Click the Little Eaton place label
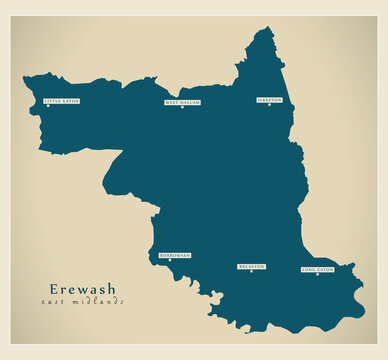tap(60, 101)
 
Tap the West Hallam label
tap(182, 102)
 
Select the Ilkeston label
tap(269, 100)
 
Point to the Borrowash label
tap(174, 255)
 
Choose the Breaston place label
tap(251, 266)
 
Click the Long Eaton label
tap(317, 269)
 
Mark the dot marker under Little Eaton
tap(60, 107)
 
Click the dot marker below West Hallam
tap(182, 108)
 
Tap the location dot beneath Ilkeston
tap(269, 106)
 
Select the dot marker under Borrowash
tap(170, 261)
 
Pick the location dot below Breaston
tap(251, 272)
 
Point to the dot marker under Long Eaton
tap(317, 275)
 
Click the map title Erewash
tap(82, 289)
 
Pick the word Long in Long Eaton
tap(309, 269)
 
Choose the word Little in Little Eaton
tap(52, 101)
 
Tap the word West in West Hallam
tap(172, 102)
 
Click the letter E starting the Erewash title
tap(53, 289)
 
